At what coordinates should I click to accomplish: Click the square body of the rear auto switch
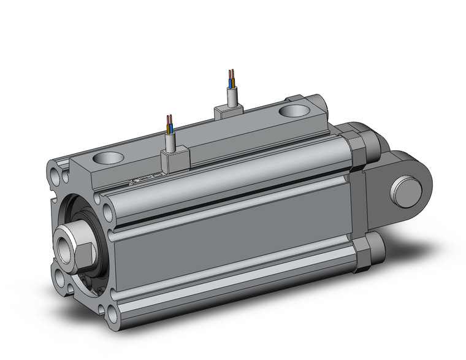tap(229, 110)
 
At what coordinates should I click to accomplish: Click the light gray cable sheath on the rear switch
tap(232, 96)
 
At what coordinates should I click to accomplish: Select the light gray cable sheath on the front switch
tap(171, 141)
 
